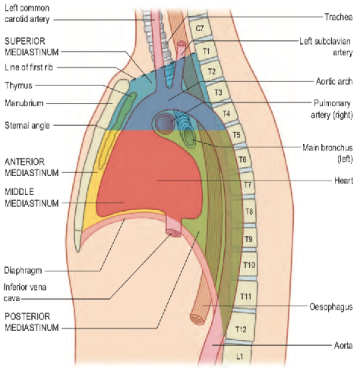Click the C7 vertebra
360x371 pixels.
coord(200,28)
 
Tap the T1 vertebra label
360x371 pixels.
coord(207,51)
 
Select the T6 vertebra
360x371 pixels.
coord(242,159)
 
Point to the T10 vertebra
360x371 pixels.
coord(248,265)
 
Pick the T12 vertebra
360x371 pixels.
coord(241,329)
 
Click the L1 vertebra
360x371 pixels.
coord(238,357)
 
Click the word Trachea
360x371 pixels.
coord(339,17)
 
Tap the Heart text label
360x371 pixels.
coord(343,181)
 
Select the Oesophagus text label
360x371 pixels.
coord(331,307)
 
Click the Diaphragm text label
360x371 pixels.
coord(23,271)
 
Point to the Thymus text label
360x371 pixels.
coord(18,86)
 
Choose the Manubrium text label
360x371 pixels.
coord(24,103)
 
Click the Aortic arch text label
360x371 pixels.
coord(334,81)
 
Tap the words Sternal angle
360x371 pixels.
coord(27,125)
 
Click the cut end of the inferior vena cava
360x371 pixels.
coord(174,233)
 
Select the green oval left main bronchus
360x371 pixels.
coord(189,137)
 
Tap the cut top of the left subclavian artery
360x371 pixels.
coord(182,44)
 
